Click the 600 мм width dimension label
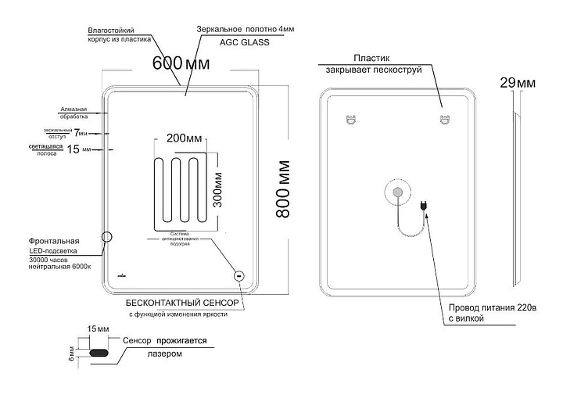[178, 65]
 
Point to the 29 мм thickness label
[517, 82]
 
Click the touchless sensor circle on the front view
[239, 275]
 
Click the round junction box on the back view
[396, 192]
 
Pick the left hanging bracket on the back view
[350, 120]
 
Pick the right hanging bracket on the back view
[444, 120]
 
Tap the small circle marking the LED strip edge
[108, 235]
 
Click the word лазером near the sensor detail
[165, 354]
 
